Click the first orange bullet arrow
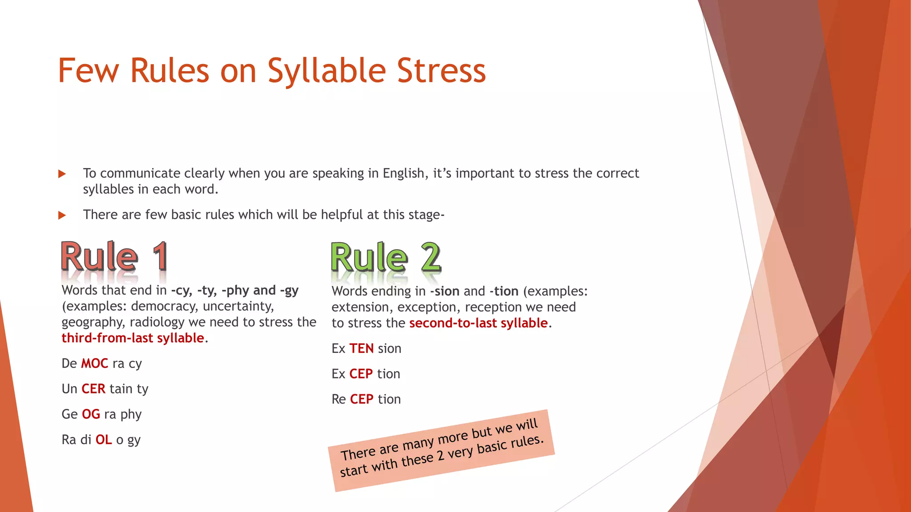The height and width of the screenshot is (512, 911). (62, 174)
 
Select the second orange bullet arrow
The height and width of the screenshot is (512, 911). (62, 216)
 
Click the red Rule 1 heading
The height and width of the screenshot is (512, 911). (114, 257)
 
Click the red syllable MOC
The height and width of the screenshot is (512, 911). (94, 364)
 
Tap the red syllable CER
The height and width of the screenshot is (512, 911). (93, 389)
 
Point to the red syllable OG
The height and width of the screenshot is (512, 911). (91, 414)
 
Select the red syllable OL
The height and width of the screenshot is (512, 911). (104, 440)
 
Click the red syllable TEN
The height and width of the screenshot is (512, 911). (361, 348)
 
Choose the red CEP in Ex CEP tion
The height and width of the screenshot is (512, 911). (361, 374)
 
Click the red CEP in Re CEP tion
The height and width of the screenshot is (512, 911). (362, 399)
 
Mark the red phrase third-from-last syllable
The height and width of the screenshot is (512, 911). (133, 338)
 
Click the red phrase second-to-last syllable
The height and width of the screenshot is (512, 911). (478, 323)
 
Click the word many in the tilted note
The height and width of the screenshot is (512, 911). (418, 444)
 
